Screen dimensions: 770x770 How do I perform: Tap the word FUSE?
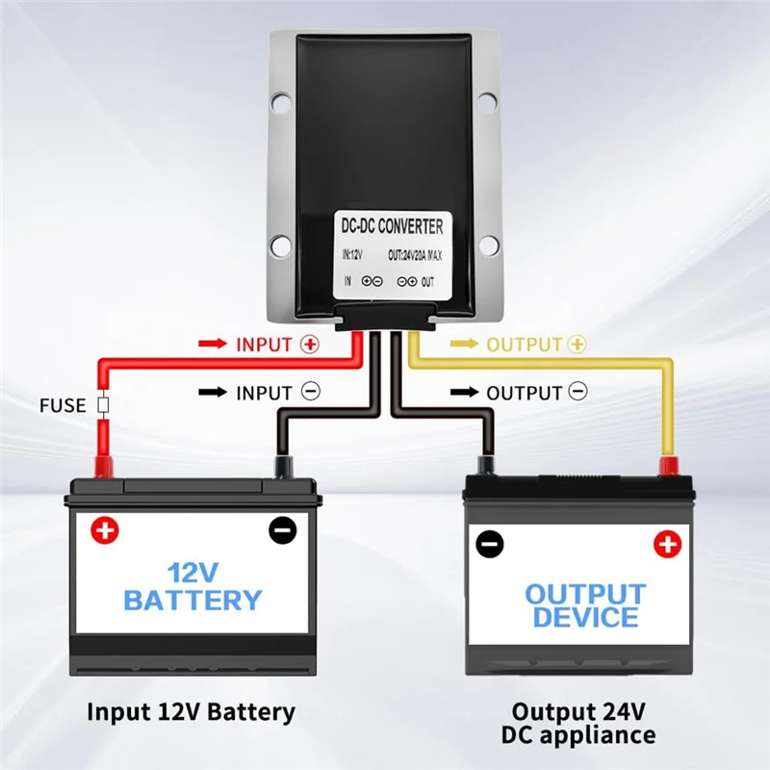click(x=63, y=406)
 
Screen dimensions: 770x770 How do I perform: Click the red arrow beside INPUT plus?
click(x=211, y=344)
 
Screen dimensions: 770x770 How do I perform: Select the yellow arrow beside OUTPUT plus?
click(x=464, y=344)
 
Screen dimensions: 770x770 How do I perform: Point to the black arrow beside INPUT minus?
click(x=211, y=392)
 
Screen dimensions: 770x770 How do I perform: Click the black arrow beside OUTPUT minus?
click(x=464, y=392)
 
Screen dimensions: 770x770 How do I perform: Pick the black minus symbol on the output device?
click(x=490, y=544)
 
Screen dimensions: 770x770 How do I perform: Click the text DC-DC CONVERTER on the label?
click(x=393, y=227)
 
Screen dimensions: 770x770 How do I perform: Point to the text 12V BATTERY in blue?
click(x=192, y=587)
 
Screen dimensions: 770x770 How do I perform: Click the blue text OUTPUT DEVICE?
click(x=584, y=605)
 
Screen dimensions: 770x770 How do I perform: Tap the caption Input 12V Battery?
click(x=191, y=712)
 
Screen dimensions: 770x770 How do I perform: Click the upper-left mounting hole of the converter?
click(x=280, y=98)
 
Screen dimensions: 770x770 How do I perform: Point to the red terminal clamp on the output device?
click(x=665, y=467)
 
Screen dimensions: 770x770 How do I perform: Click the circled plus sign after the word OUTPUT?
click(x=577, y=344)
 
